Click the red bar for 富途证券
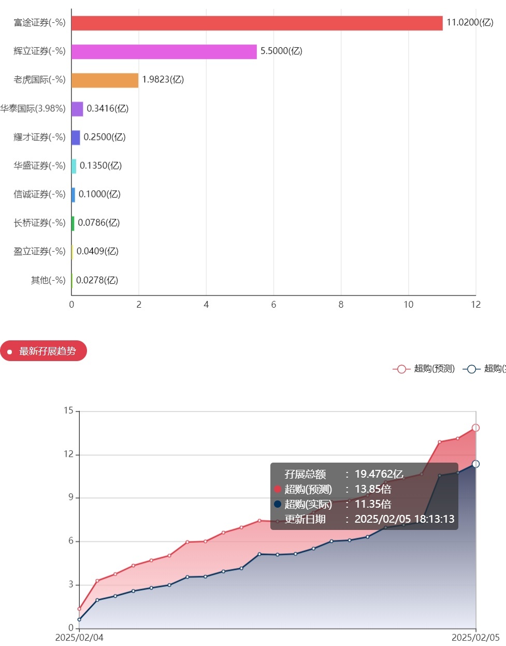(257, 23)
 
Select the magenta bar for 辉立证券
(164, 52)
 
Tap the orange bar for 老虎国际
(105, 80)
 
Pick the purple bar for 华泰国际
(77, 109)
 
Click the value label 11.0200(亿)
(470, 22)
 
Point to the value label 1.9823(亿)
(163, 79)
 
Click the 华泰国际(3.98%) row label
(33, 108)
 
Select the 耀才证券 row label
(40, 137)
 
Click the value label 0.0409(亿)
(97, 251)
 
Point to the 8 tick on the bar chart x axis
(341, 305)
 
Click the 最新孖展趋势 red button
(44, 351)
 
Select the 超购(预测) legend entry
(424, 369)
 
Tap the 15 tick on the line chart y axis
(68, 411)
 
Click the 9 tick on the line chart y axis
(70, 498)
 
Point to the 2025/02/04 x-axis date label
(79, 638)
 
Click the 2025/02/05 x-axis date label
(475, 638)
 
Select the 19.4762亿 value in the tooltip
(379, 474)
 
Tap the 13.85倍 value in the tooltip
(372, 489)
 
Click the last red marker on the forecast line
(475, 428)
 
